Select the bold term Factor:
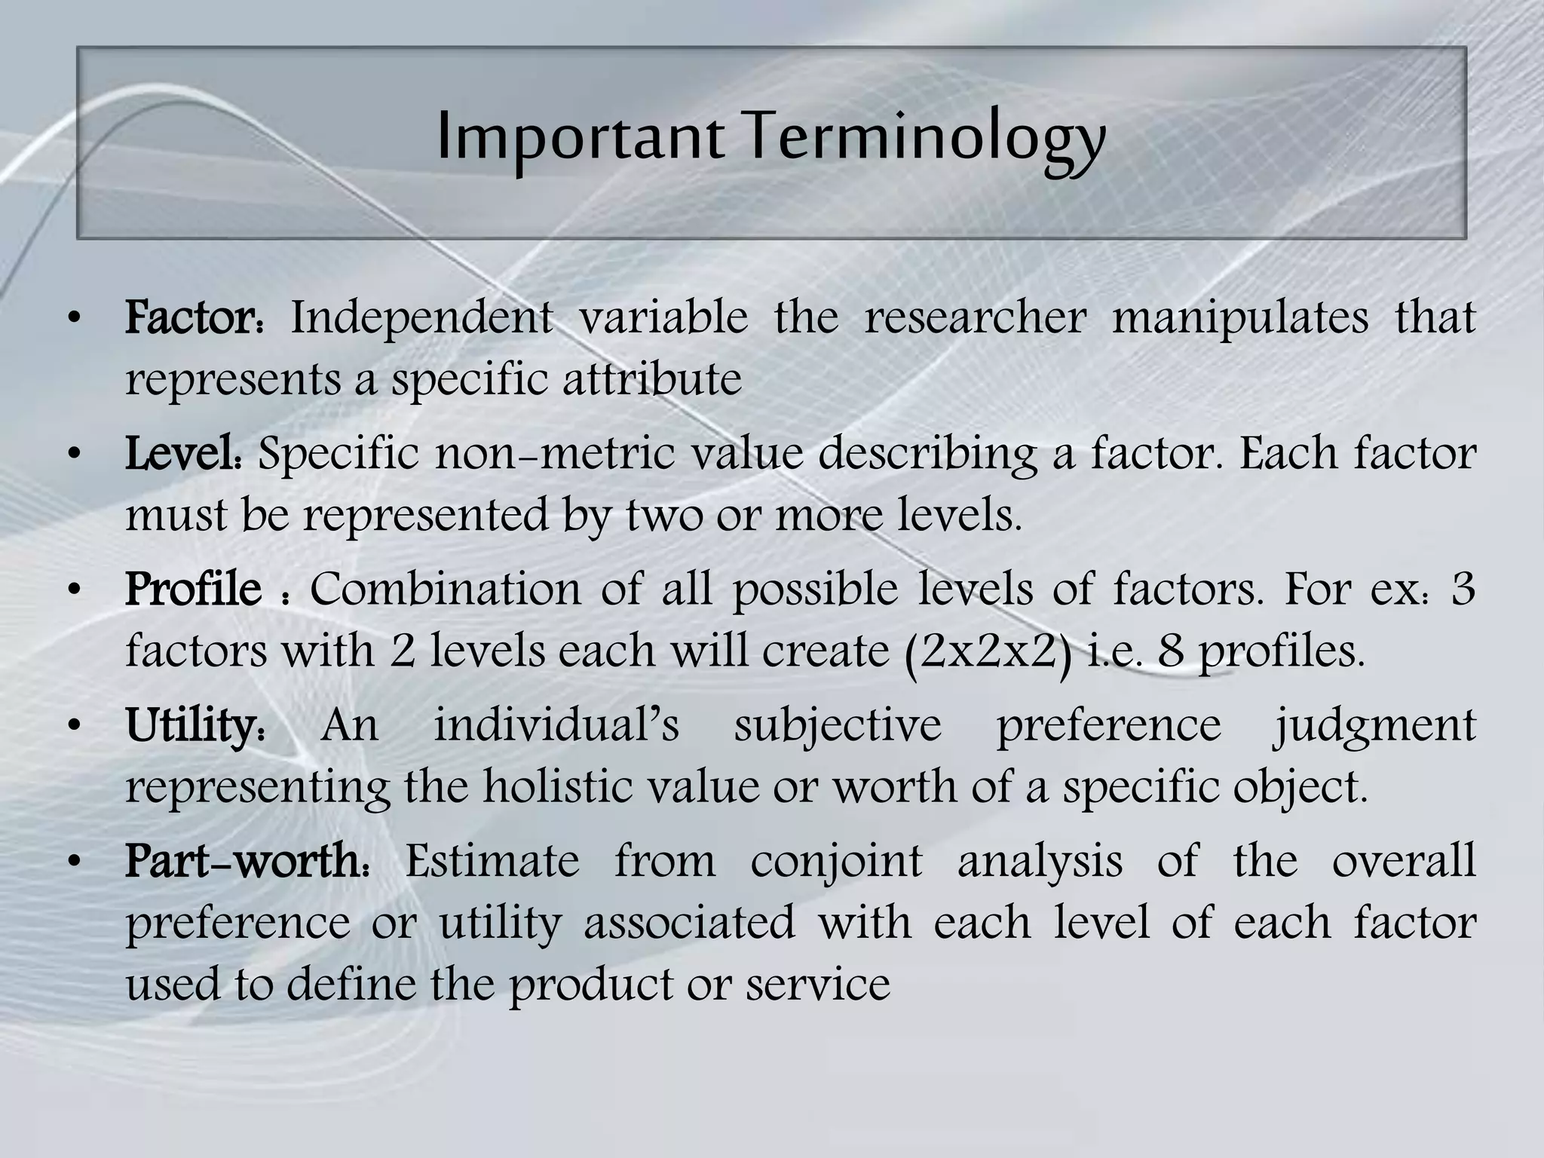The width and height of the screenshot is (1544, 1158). pos(195,317)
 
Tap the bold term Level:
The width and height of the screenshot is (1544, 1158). pos(184,454)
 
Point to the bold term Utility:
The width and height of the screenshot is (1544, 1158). pos(195,725)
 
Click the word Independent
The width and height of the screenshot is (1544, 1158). pos(421,317)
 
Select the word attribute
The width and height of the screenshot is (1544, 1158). pos(652,379)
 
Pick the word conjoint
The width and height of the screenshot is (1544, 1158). pos(836,861)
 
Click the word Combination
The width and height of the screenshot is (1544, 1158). pos(446,590)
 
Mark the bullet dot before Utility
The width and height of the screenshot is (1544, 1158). pos(73,727)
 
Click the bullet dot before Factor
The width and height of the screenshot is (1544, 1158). pos(73,319)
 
